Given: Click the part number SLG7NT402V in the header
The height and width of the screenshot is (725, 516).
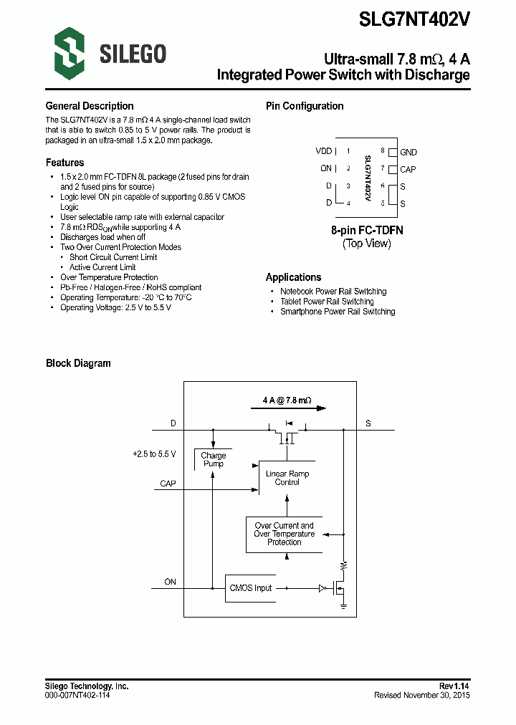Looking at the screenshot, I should click(x=415, y=19).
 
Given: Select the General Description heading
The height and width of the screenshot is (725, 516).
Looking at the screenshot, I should click(x=90, y=106).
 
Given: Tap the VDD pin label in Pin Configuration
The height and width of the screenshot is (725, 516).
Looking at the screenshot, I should click(x=324, y=151).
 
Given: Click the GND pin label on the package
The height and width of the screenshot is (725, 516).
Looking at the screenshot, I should click(x=408, y=152).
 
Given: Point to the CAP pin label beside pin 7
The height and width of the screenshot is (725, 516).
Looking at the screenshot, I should click(x=408, y=170).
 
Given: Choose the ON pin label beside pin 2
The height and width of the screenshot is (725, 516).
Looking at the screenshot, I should click(x=326, y=169).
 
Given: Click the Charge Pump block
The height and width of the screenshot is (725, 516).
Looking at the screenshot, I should click(x=213, y=460).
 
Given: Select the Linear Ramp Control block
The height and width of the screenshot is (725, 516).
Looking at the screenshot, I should click(x=287, y=478).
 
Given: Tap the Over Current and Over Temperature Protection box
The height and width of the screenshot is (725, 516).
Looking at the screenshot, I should click(x=285, y=534).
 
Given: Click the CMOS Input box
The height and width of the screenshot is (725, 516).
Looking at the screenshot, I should click(x=251, y=588).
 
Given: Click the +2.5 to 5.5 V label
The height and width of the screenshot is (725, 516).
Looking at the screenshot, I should click(x=154, y=454).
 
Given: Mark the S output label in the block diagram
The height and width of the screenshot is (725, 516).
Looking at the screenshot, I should click(x=368, y=423).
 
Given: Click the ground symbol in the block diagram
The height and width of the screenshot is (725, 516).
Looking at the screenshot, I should click(x=344, y=608).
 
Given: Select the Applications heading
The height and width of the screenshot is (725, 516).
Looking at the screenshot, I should click(x=293, y=277).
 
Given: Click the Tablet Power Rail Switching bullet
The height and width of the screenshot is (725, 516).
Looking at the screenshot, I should click(x=327, y=302).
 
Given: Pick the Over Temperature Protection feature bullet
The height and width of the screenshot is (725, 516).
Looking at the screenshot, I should click(x=109, y=277).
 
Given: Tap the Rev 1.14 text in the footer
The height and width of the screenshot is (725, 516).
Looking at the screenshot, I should click(x=454, y=686).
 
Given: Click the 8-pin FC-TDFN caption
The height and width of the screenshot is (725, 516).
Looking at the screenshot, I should click(x=367, y=230).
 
